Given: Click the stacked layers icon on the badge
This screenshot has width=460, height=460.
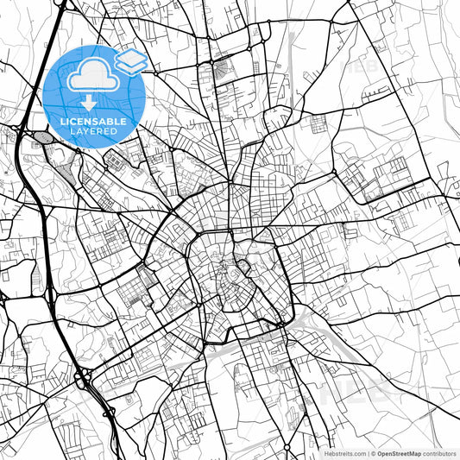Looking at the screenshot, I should pos(131,60).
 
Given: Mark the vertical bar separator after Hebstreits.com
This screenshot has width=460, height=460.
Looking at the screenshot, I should pos(367,452).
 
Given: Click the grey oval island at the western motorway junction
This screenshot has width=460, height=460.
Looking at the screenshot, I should pos(41,135).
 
